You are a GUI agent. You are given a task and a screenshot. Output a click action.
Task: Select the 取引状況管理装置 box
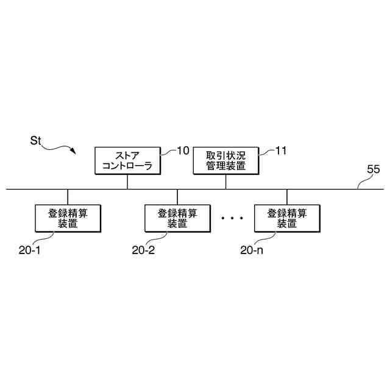[227, 160]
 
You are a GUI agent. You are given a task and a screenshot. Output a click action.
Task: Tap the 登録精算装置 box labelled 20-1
[68, 218]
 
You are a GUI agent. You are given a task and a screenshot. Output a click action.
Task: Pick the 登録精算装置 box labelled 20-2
[177, 218]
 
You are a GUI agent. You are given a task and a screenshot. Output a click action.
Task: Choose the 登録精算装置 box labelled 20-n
[286, 218]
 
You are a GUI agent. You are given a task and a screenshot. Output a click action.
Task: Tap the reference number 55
[373, 169]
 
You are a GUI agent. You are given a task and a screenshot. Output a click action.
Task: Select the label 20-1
[29, 249]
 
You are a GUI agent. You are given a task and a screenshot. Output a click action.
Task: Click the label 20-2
[144, 249]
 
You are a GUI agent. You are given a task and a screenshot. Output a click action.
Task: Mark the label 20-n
[252, 249]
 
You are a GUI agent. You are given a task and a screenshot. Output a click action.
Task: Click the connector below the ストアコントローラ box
[127, 182]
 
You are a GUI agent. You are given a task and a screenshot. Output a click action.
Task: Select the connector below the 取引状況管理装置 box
[226, 182]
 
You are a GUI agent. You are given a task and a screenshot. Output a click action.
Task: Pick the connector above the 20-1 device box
[68, 197]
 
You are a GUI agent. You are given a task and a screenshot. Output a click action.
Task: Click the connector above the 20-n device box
[287, 197]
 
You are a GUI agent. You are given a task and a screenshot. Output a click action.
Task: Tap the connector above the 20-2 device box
[177, 197]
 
